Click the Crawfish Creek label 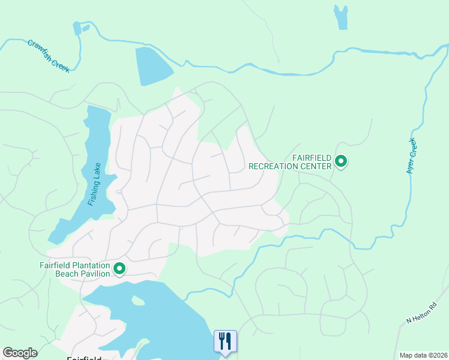coord(49,56)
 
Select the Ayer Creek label coord(411,156)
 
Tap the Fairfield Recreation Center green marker coord(341,161)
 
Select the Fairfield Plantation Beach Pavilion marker coord(119,269)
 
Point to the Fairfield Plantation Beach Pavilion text coord(75,269)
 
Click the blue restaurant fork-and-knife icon coord(225,341)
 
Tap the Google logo coord(20,353)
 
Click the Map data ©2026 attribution coord(424,355)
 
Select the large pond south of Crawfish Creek coord(153,65)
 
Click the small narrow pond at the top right coord(341,17)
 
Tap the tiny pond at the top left coord(77,28)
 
